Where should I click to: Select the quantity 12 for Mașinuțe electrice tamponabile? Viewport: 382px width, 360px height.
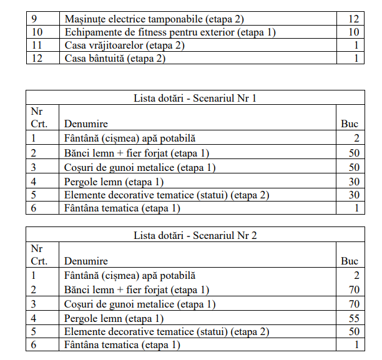354,18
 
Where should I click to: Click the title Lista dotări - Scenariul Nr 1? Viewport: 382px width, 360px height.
195,98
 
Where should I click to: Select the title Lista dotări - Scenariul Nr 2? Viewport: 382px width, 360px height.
195,235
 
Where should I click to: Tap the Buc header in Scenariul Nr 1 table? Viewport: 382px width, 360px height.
350,124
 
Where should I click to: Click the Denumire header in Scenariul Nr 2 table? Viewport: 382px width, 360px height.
86,261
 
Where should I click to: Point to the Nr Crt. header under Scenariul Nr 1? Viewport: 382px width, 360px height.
39,117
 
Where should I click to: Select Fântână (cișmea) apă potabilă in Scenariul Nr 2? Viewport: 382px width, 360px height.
130,275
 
